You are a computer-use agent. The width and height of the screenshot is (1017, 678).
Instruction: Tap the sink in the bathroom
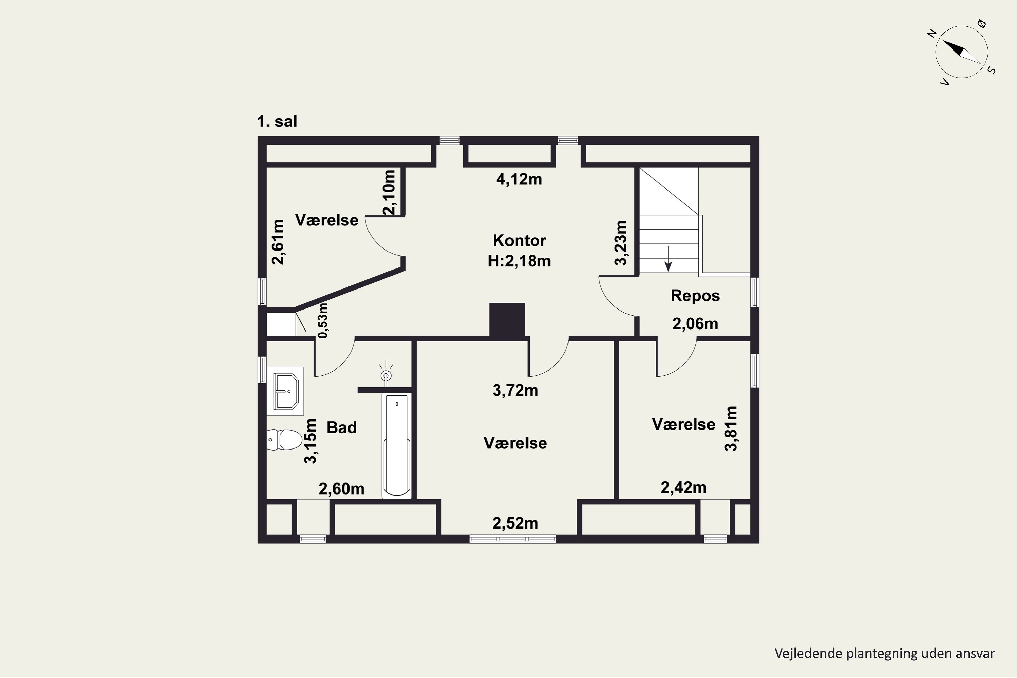coord(285,391)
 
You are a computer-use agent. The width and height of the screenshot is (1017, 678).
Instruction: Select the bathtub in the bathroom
coord(397,445)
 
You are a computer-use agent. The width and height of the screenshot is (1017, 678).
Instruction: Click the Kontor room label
coord(519,240)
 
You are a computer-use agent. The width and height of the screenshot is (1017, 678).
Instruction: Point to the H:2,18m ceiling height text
coord(519,261)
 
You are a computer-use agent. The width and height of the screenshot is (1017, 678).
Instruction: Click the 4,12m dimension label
coord(519,179)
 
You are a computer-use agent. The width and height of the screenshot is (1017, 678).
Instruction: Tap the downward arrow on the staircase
coord(669,259)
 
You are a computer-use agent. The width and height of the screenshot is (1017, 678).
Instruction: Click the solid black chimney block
coord(507,320)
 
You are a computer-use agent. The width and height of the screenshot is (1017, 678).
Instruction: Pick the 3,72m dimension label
coord(515,391)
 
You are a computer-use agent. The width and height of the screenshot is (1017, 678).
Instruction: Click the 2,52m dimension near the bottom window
coord(515,523)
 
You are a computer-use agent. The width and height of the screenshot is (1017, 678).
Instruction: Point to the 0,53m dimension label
coord(323,320)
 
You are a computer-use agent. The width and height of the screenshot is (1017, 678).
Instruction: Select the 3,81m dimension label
coord(731,428)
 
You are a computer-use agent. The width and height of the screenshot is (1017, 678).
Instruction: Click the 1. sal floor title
coord(277,121)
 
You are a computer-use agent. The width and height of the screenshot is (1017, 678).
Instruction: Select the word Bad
coord(342,427)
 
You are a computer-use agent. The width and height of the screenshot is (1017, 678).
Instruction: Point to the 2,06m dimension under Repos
coord(695,324)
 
